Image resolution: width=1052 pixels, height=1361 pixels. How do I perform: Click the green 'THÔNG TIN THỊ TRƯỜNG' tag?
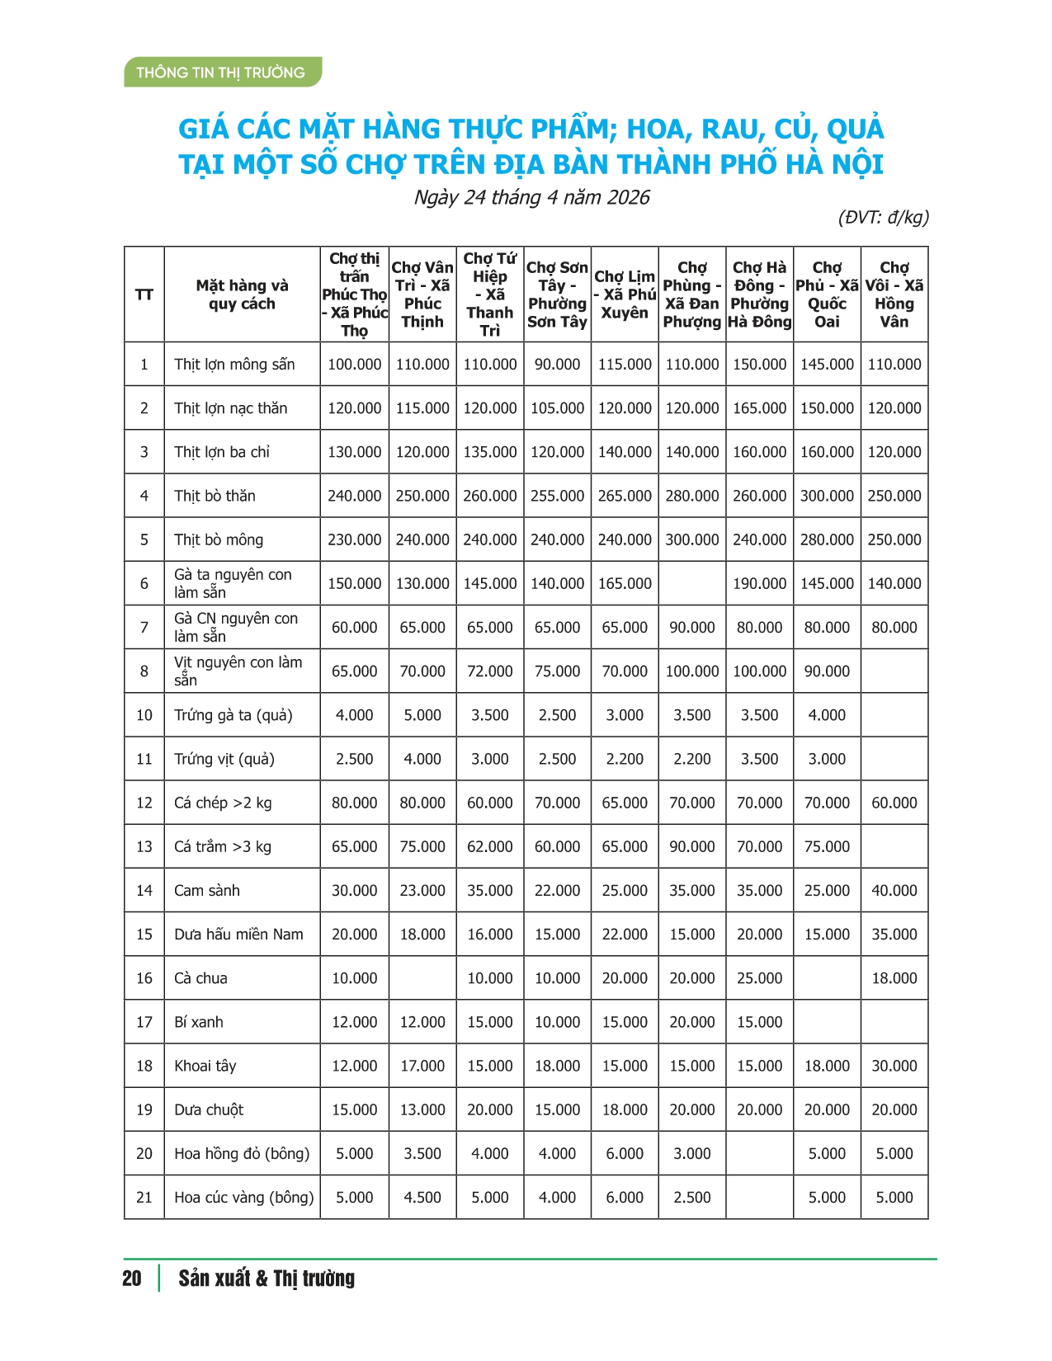point(220,73)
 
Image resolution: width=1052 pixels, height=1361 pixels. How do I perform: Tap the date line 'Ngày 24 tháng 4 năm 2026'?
point(531,197)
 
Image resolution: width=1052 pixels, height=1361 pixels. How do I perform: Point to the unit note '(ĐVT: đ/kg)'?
point(883,217)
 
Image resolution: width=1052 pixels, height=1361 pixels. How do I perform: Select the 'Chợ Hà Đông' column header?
point(759,294)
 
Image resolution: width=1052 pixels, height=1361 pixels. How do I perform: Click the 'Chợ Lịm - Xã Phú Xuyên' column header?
point(625,294)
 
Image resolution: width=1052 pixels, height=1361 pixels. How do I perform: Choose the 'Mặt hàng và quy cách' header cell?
point(242,294)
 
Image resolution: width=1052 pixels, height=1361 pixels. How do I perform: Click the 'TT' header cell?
point(144,294)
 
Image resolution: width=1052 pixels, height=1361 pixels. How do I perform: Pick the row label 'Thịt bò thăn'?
point(215,496)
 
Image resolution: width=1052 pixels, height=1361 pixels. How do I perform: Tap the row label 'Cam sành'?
point(207,890)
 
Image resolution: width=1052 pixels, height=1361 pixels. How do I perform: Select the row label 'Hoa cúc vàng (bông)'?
point(244,1197)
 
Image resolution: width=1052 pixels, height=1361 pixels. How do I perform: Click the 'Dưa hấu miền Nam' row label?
point(238,934)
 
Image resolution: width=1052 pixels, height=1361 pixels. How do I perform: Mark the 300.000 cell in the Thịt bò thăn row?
point(827,496)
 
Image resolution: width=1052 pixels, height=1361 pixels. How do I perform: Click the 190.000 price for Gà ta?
point(759,583)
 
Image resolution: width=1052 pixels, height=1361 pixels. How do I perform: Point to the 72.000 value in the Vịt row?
point(490,671)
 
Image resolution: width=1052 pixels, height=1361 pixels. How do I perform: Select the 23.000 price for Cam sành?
point(422,890)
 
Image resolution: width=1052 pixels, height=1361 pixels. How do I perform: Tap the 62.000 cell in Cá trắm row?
point(490,846)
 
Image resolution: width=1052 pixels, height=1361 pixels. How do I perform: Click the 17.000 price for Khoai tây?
point(422,1066)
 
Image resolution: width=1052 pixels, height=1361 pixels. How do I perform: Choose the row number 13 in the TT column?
point(144,846)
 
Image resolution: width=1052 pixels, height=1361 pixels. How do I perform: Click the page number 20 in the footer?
point(132,1279)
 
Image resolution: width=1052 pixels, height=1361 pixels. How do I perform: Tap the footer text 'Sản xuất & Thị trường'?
point(267,1279)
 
